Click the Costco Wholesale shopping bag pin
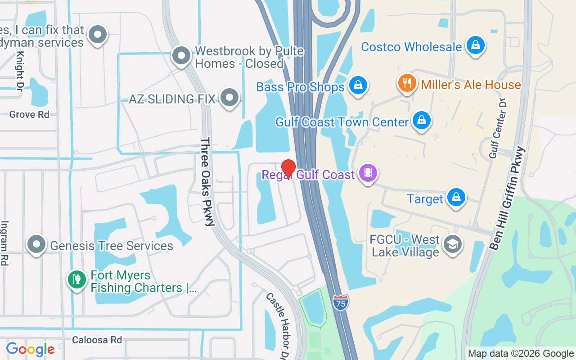click(474, 45)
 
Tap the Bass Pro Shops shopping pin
click(358, 85)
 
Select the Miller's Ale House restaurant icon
click(407, 83)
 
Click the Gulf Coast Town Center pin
click(421, 121)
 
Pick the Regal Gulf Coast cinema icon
click(368, 173)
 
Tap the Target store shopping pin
click(456, 197)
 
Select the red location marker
click(288, 169)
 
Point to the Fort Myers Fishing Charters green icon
click(76, 279)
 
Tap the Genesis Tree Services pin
click(36, 244)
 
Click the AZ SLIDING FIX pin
click(230, 98)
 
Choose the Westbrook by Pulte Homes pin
click(181, 56)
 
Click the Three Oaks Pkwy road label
click(207, 182)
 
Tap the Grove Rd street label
click(29, 114)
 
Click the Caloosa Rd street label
click(97, 340)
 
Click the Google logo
click(30, 349)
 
